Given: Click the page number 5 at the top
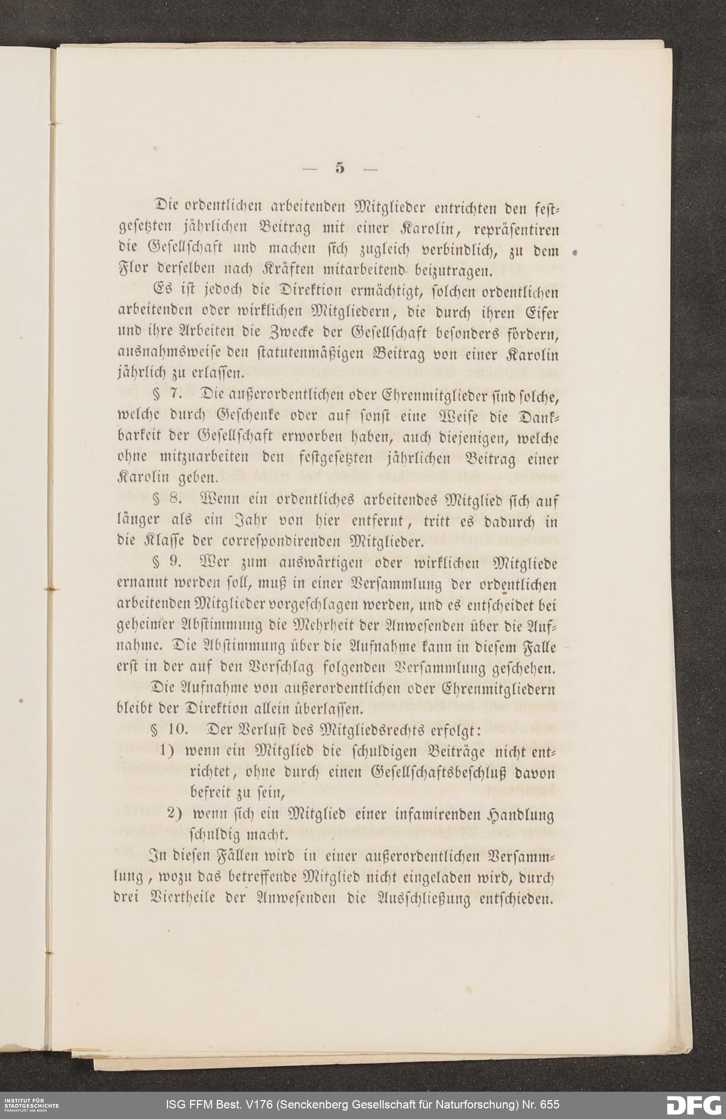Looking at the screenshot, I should [340, 168].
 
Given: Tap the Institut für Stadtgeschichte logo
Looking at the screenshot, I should [29, 1103].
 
